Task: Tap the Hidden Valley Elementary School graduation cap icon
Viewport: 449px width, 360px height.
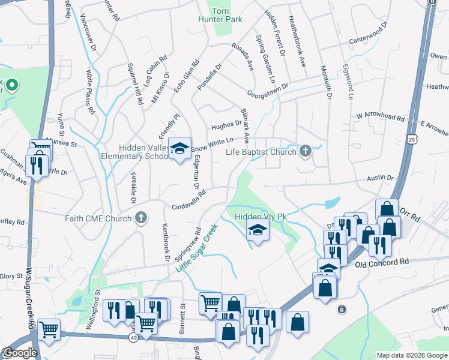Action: [179, 149]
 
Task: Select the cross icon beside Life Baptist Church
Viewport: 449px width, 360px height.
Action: [306, 151]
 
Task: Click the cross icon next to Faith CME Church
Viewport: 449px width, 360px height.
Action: [141, 218]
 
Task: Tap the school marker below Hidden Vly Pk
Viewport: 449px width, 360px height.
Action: [258, 231]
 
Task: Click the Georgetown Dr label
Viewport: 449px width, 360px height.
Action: [268, 90]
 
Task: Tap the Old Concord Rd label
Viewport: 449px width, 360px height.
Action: [381, 263]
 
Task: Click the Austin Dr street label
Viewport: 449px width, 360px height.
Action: [381, 178]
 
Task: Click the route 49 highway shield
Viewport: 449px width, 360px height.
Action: [132, 338]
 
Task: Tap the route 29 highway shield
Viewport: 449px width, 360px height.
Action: [412, 139]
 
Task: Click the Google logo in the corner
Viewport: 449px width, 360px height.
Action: [19, 353]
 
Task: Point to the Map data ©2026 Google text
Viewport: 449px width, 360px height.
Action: [412, 355]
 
